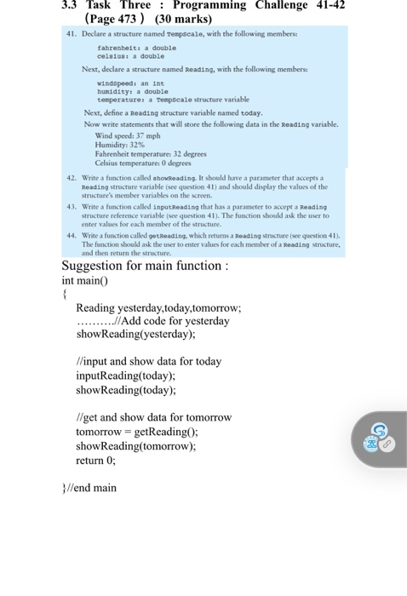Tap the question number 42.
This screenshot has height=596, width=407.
[72, 178]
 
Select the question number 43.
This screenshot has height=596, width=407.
[72, 207]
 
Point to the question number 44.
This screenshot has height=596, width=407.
[72, 235]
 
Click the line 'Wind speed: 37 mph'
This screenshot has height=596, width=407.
[128, 135]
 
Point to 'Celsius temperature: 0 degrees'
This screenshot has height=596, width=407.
[143, 163]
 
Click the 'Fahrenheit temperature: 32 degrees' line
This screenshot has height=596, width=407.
[150, 154]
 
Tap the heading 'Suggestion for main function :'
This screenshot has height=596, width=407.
[144, 265]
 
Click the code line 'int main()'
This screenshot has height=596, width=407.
[89, 280]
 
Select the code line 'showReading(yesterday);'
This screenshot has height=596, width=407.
[129, 335]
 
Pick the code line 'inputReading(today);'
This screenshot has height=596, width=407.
[125, 375]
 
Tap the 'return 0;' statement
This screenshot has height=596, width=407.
[95, 460]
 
